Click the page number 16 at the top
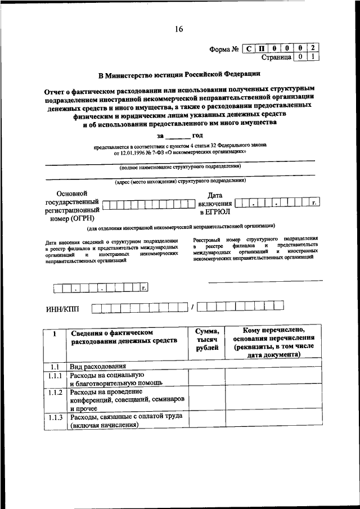(x=179, y=29)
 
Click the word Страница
(x=276, y=57)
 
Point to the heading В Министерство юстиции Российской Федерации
(x=179, y=74)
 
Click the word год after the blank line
(x=198, y=136)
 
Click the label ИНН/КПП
(x=62, y=307)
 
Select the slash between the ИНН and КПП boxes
(x=193, y=307)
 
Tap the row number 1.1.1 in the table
(x=55, y=375)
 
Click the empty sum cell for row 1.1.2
(x=206, y=399)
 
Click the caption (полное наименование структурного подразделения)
(x=179, y=167)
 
